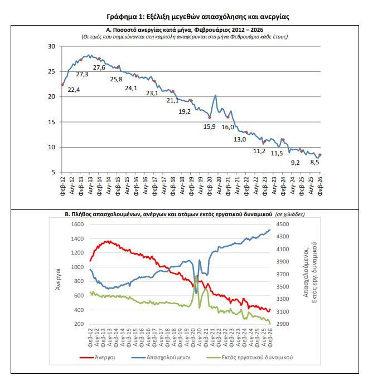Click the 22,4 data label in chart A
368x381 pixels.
click(74, 90)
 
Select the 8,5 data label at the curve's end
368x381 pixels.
click(314, 162)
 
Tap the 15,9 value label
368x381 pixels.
click(210, 126)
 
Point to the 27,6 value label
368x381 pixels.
click(99, 67)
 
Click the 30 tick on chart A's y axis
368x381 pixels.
click(51, 46)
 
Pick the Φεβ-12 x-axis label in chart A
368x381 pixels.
click(62, 187)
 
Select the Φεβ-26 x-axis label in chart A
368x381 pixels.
click(320, 187)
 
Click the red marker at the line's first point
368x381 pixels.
click(62, 85)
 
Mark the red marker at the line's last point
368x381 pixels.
click(320, 155)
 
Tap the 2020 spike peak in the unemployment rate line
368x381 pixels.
click(215, 95)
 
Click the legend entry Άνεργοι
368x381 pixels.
click(98, 358)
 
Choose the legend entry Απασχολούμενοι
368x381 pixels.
click(161, 358)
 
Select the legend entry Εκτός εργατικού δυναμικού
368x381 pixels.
click(250, 358)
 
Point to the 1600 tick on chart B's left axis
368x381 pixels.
click(78, 224)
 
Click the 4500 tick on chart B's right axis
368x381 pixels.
click(283, 224)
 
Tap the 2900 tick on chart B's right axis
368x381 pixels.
click(283, 324)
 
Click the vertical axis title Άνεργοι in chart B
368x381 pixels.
click(58, 279)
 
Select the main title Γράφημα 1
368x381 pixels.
click(198, 17)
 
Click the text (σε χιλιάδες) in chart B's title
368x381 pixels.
click(290, 214)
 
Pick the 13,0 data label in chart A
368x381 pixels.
click(240, 139)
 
